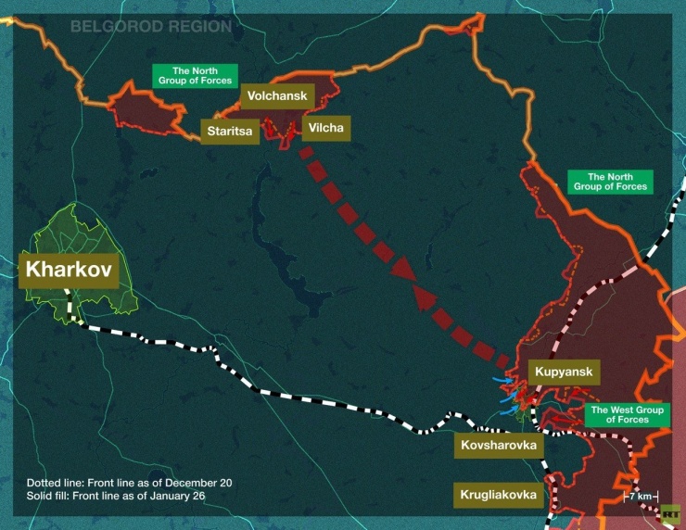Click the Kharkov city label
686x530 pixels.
pos(69,271)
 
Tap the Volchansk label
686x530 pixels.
pos(278,95)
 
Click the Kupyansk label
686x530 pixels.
pos(563,372)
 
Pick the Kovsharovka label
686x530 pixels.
pos(499,446)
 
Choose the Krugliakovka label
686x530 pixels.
pos(498,495)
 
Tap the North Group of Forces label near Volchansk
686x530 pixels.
pos(194,76)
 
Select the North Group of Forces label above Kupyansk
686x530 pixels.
pos(611,182)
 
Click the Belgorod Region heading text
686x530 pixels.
pos(151,27)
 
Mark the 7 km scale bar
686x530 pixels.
pos(641,497)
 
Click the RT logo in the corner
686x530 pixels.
pos(669,512)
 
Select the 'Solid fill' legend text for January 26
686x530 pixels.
pos(116,497)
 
